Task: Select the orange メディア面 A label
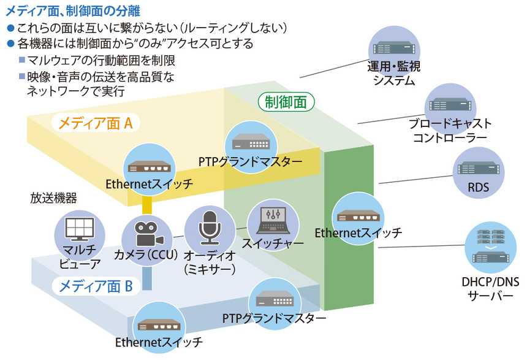[x=95, y=123]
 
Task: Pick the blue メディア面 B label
[x=96, y=285]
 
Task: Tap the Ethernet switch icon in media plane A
[x=149, y=167]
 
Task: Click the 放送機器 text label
[x=54, y=198]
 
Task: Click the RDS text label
[x=477, y=188]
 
